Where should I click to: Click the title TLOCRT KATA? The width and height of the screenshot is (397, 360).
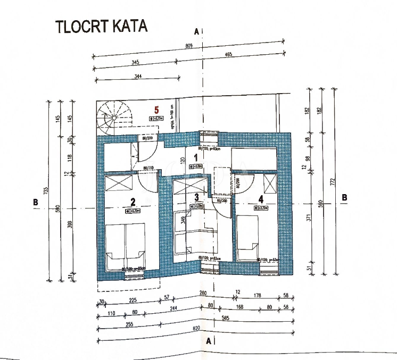pos(101,27)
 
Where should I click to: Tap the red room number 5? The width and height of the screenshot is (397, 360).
pos(156,110)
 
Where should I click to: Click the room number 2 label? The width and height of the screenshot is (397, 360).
pos(133,202)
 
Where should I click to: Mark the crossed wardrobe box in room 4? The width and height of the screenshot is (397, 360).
pos(270,184)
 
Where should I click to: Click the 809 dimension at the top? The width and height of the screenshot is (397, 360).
pos(189,47)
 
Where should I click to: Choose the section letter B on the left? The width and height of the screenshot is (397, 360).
pos(35,202)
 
